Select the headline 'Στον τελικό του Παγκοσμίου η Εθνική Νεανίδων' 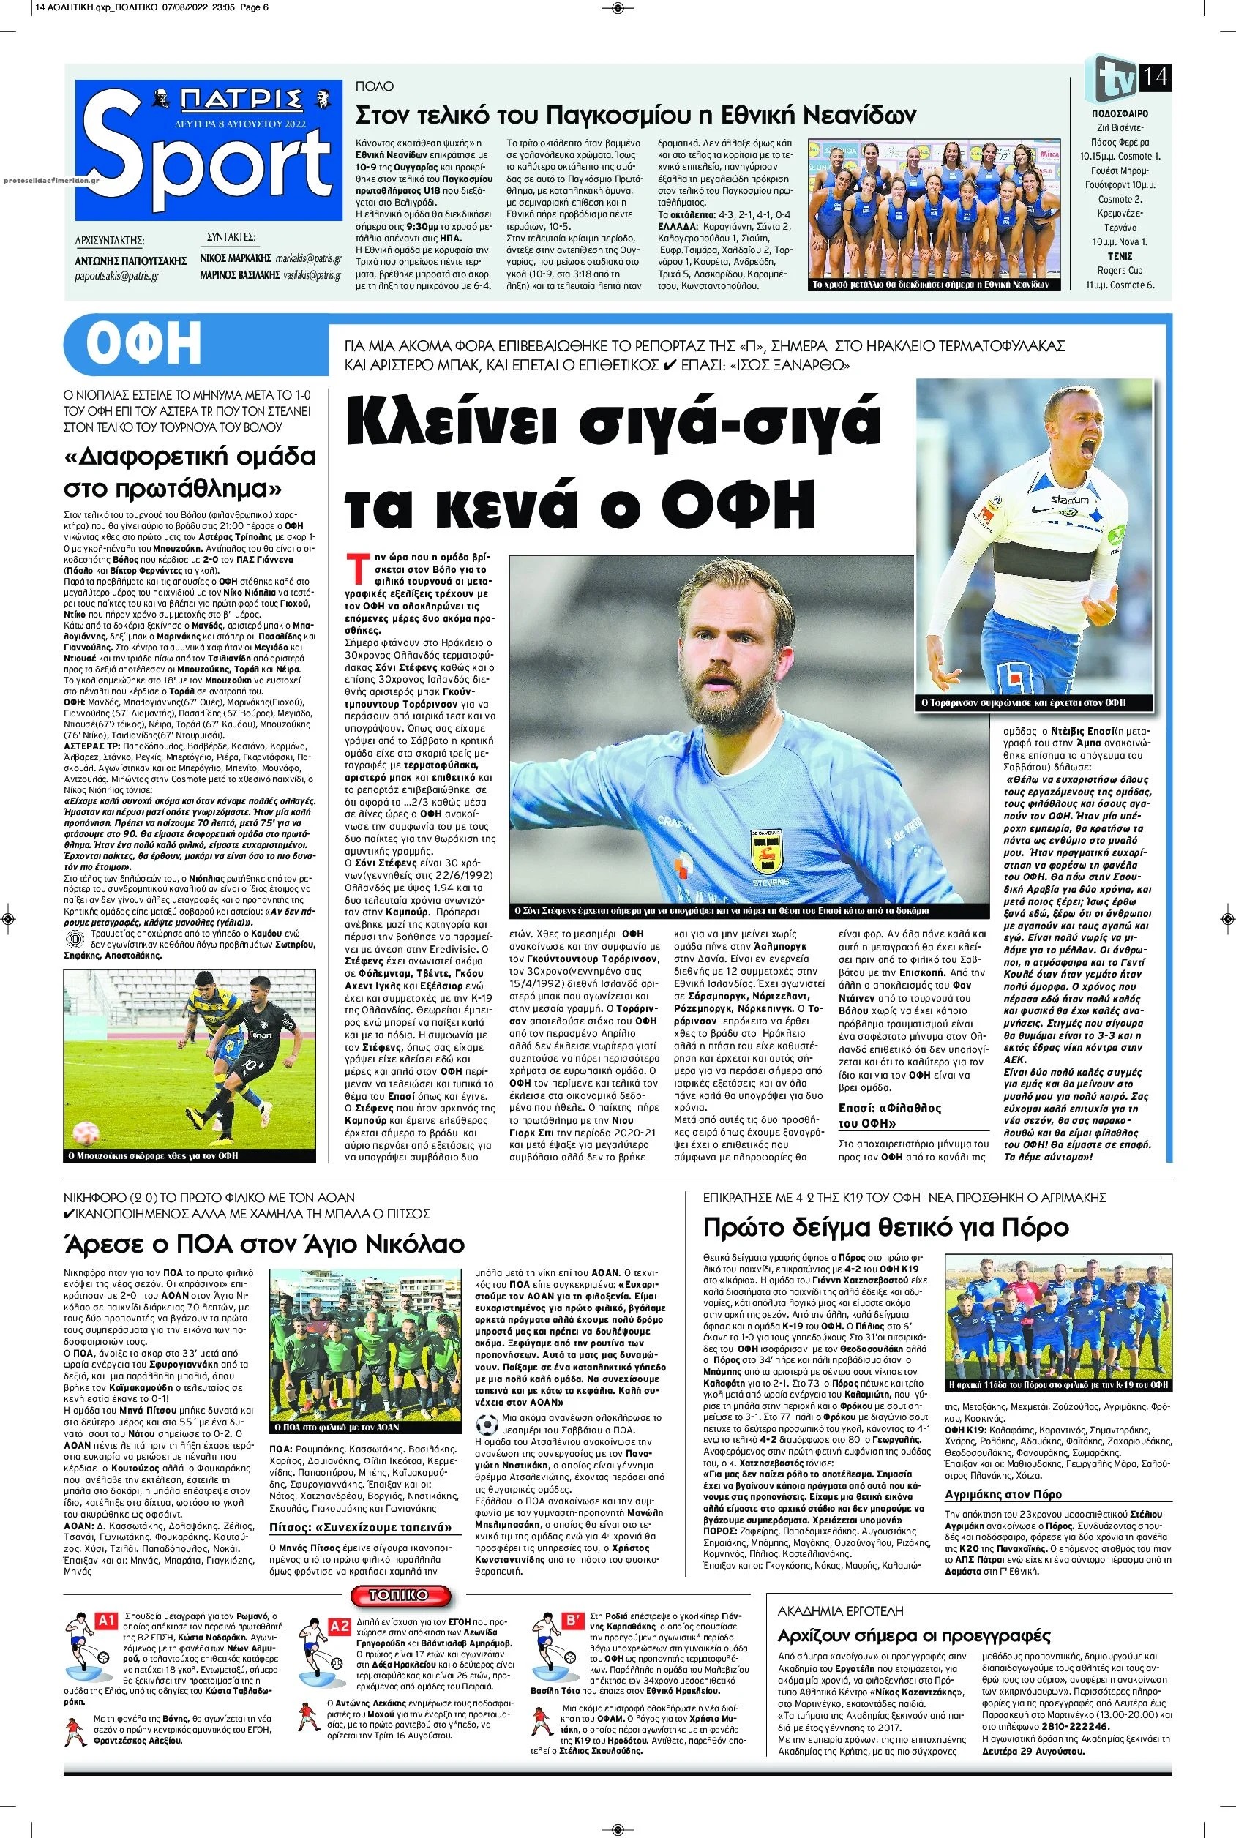(x=635, y=116)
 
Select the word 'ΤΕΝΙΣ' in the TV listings (x=1120, y=256)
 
